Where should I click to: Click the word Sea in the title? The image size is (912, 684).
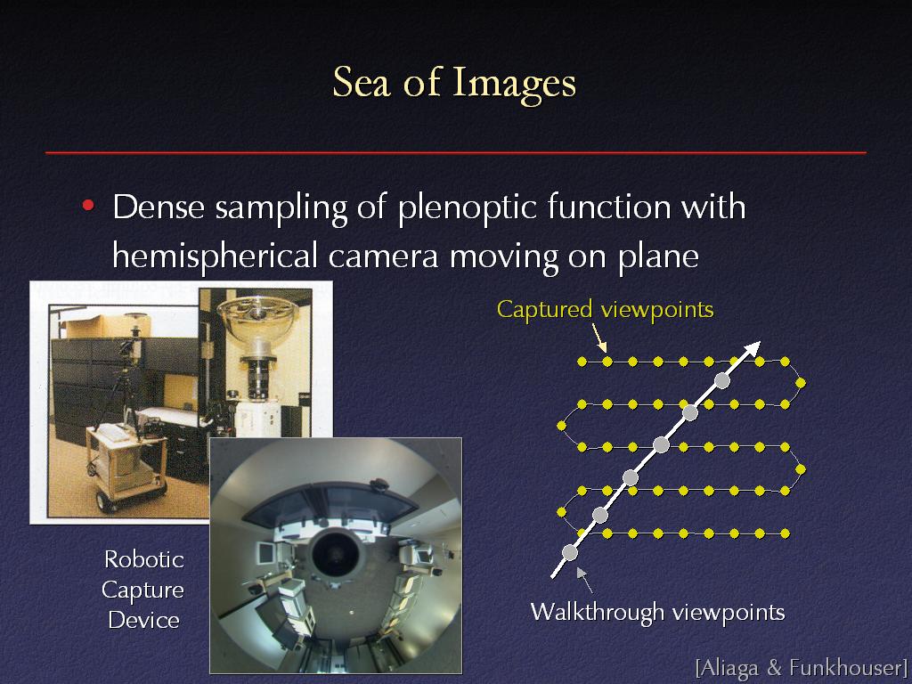coord(361,82)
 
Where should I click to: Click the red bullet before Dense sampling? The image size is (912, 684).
coord(88,206)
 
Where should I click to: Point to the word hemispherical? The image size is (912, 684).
coord(215,256)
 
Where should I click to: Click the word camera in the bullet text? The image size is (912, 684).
coord(383,256)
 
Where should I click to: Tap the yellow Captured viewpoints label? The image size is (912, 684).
coord(605,309)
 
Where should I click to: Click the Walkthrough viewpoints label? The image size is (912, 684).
coord(657,612)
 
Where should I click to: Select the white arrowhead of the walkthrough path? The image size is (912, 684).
coord(752,348)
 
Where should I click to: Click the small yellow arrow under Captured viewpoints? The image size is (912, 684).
coord(599,338)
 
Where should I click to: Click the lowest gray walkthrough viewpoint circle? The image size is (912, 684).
coord(570,552)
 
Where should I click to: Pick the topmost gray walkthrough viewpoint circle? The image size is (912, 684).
coord(721,381)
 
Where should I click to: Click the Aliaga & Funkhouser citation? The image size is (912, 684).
coord(802,668)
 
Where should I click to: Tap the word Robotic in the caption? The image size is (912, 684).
coord(144,559)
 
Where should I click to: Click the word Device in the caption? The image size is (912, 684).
coord(143,620)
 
